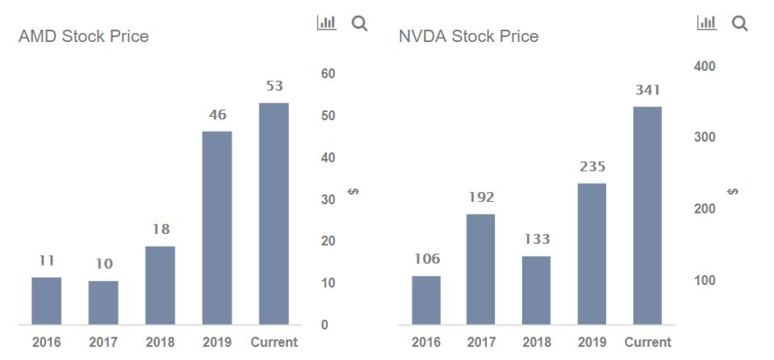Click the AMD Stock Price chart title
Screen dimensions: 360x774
click(x=83, y=36)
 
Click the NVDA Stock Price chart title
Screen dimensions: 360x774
click(x=468, y=36)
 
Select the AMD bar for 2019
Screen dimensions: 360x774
click(x=217, y=228)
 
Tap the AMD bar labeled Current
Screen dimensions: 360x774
click(x=274, y=214)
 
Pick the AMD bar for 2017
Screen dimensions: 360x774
click(x=103, y=303)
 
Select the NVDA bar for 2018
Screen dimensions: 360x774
click(x=536, y=291)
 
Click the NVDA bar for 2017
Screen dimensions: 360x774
click(x=480, y=270)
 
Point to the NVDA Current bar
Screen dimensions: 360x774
click(x=646, y=216)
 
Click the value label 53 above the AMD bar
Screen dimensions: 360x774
click(x=274, y=86)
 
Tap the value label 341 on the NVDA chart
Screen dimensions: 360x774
click(x=647, y=90)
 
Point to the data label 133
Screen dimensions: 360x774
click(x=536, y=239)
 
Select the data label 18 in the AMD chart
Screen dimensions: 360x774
click(x=161, y=229)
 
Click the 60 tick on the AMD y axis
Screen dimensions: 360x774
click(x=328, y=74)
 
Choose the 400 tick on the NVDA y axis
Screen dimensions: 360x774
click(x=704, y=66)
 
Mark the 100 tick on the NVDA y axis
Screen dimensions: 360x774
click(x=704, y=281)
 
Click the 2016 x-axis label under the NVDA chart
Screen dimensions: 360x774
click(x=426, y=342)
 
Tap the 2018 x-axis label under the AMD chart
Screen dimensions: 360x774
click(x=160, y=342)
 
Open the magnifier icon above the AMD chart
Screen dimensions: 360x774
click(x=359, y=23)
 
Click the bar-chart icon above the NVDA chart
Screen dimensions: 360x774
click(x=706, y=23)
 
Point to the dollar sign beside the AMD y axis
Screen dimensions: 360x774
click(x=353, y=192)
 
